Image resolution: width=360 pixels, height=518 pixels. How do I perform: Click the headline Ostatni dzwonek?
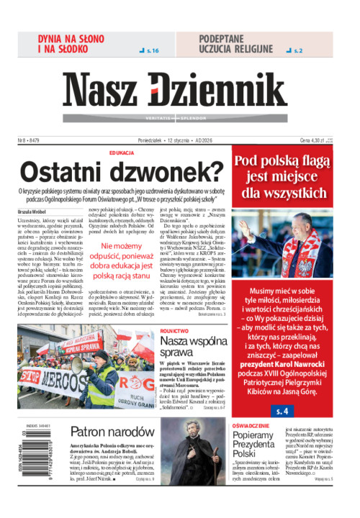point(122,172)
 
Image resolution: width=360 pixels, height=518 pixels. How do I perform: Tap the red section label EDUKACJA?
point(122,153)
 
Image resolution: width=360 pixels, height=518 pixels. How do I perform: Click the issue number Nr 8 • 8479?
point(29,140)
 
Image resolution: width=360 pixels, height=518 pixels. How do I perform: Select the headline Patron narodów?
point(104,432)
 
